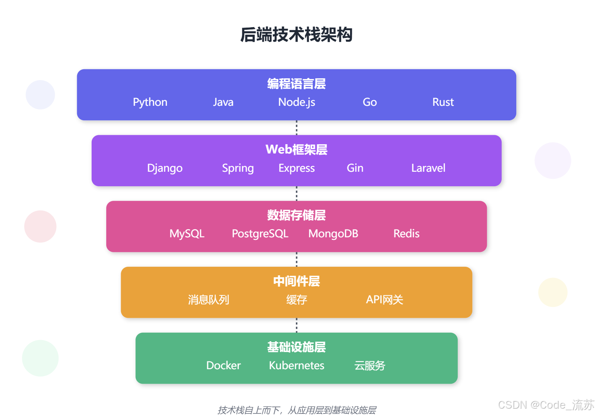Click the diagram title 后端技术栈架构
pyautogui.click(x=296, y=35)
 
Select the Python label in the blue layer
pyautogui.click(x=150, y=102)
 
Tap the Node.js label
pyautogui.click(x=297, y=102)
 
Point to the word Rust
pyautogui.click(x=443, y=102)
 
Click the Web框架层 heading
pyautogui.click(x=296, y=149)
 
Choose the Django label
pyautogui.click(x=165, y=168)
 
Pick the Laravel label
pyautogui.click(x=428, y=168)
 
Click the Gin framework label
pyautogui.click(x=355, y=168)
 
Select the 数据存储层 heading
pyautogui.click(x=296, y=215)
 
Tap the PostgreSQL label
pyautogui.click(x=260, y=234)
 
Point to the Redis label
pyautogui.click(x=406, y=234)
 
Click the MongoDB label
pyautogui.click(x=333, y=234)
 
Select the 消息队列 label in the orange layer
pyautogui.click(x=208, y=300)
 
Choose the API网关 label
pyautogui.click(x=384, y=300)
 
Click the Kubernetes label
pyautogui.click(x=297, y=365)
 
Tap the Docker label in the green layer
pyautogui.click(x=223, y=365)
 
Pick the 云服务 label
pyautogui.click(x=369, y=365)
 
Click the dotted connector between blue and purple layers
pyautogui.click(x=297, y=127)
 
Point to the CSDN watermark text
pyautogui.click(x=546, y=405)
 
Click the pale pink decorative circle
pyautogui.click(x=40, y=226)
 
